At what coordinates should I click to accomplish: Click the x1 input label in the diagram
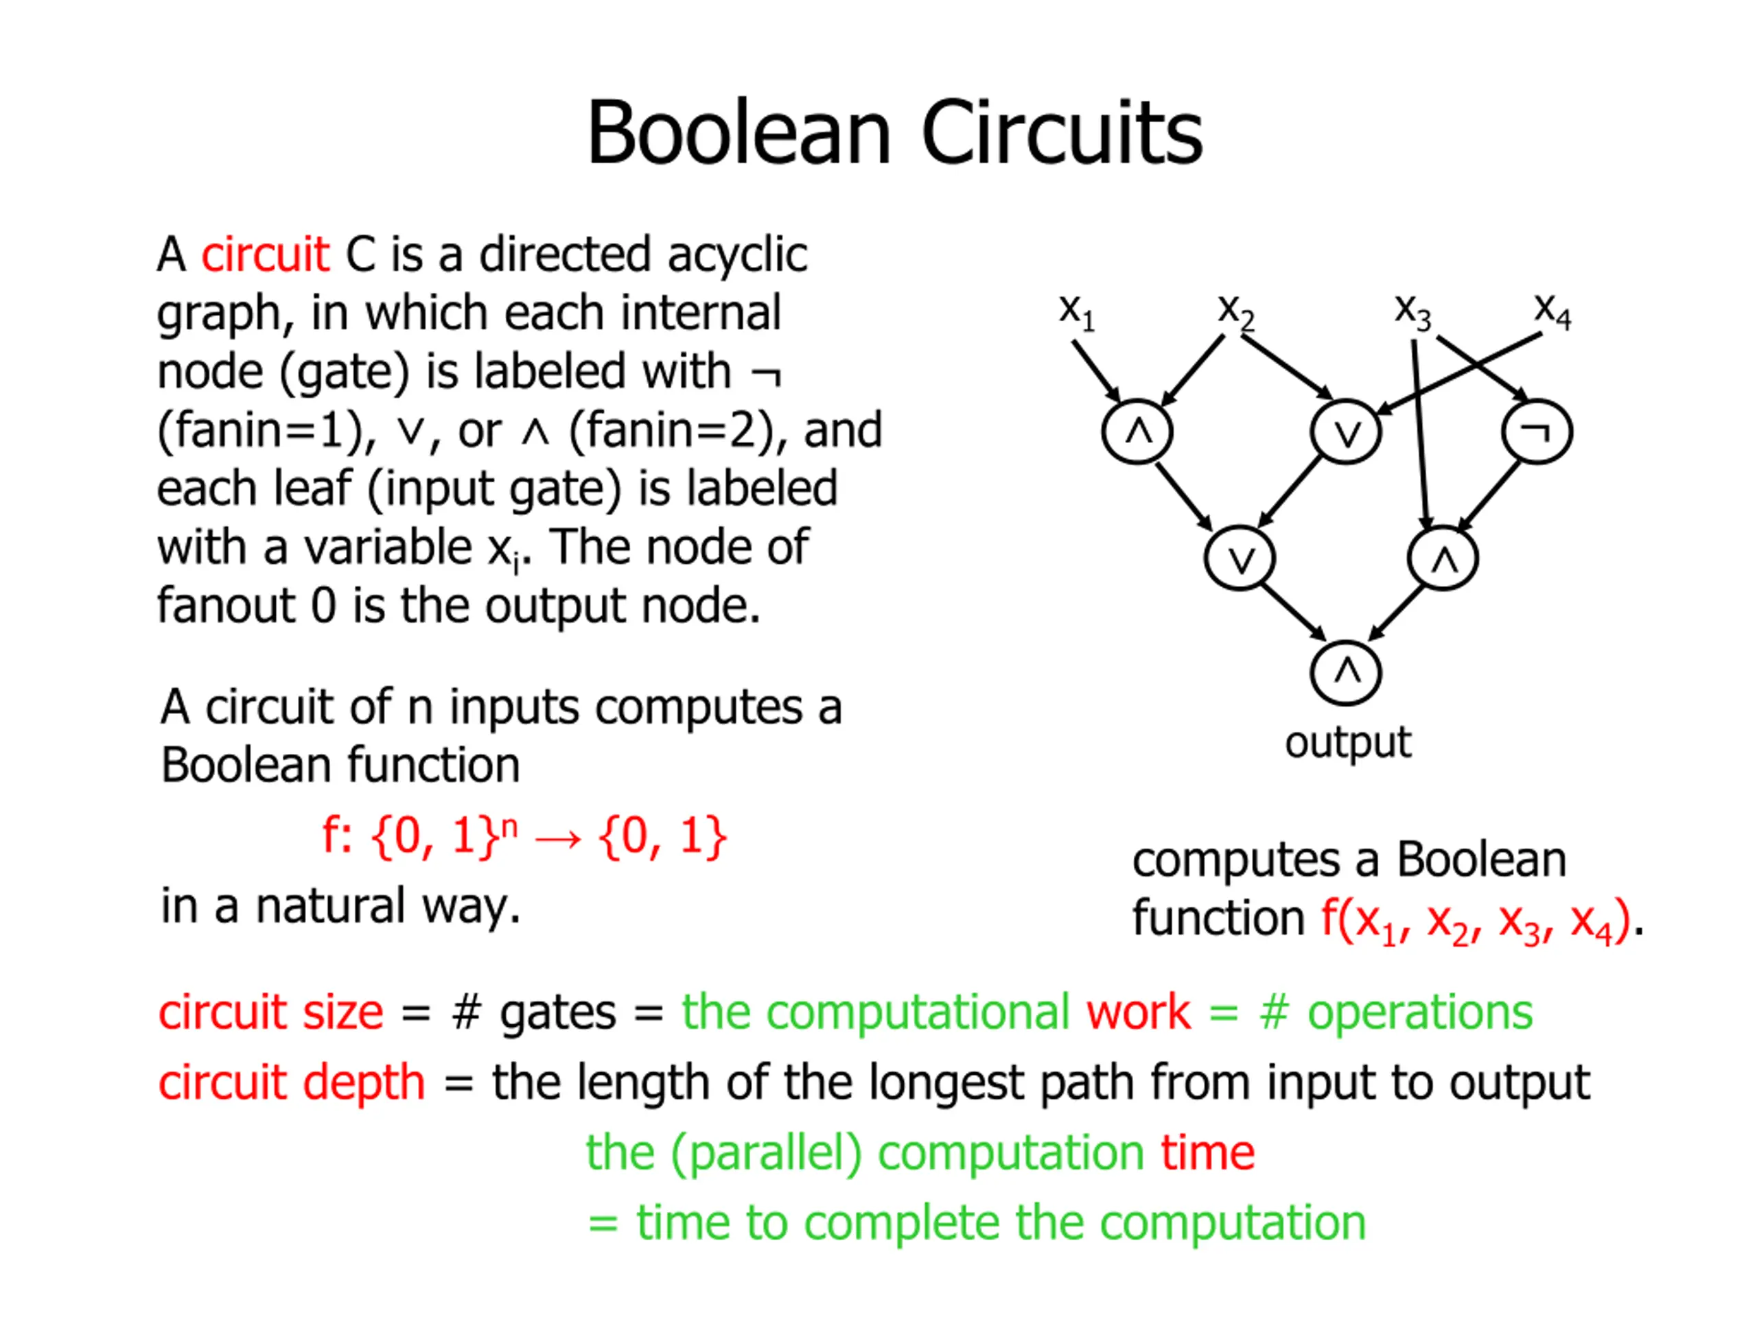tap(1076, 312)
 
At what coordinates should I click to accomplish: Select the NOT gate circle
tap(1537, 432)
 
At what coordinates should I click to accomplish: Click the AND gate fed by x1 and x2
tap(1137, 432)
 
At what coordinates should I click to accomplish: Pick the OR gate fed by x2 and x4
tap(1347, 432)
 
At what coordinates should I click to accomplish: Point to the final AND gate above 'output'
tap(1347, 673)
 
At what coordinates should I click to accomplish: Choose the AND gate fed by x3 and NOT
tap(1443, 559)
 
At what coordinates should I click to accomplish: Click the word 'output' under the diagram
tap(1348, 743)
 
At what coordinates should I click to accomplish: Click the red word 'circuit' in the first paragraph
tap(264, 255)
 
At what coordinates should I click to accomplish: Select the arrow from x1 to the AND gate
tap(1095, 370)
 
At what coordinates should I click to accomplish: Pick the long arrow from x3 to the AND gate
tap(1420, 433)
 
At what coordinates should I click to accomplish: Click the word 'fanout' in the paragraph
tap(226, 606)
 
